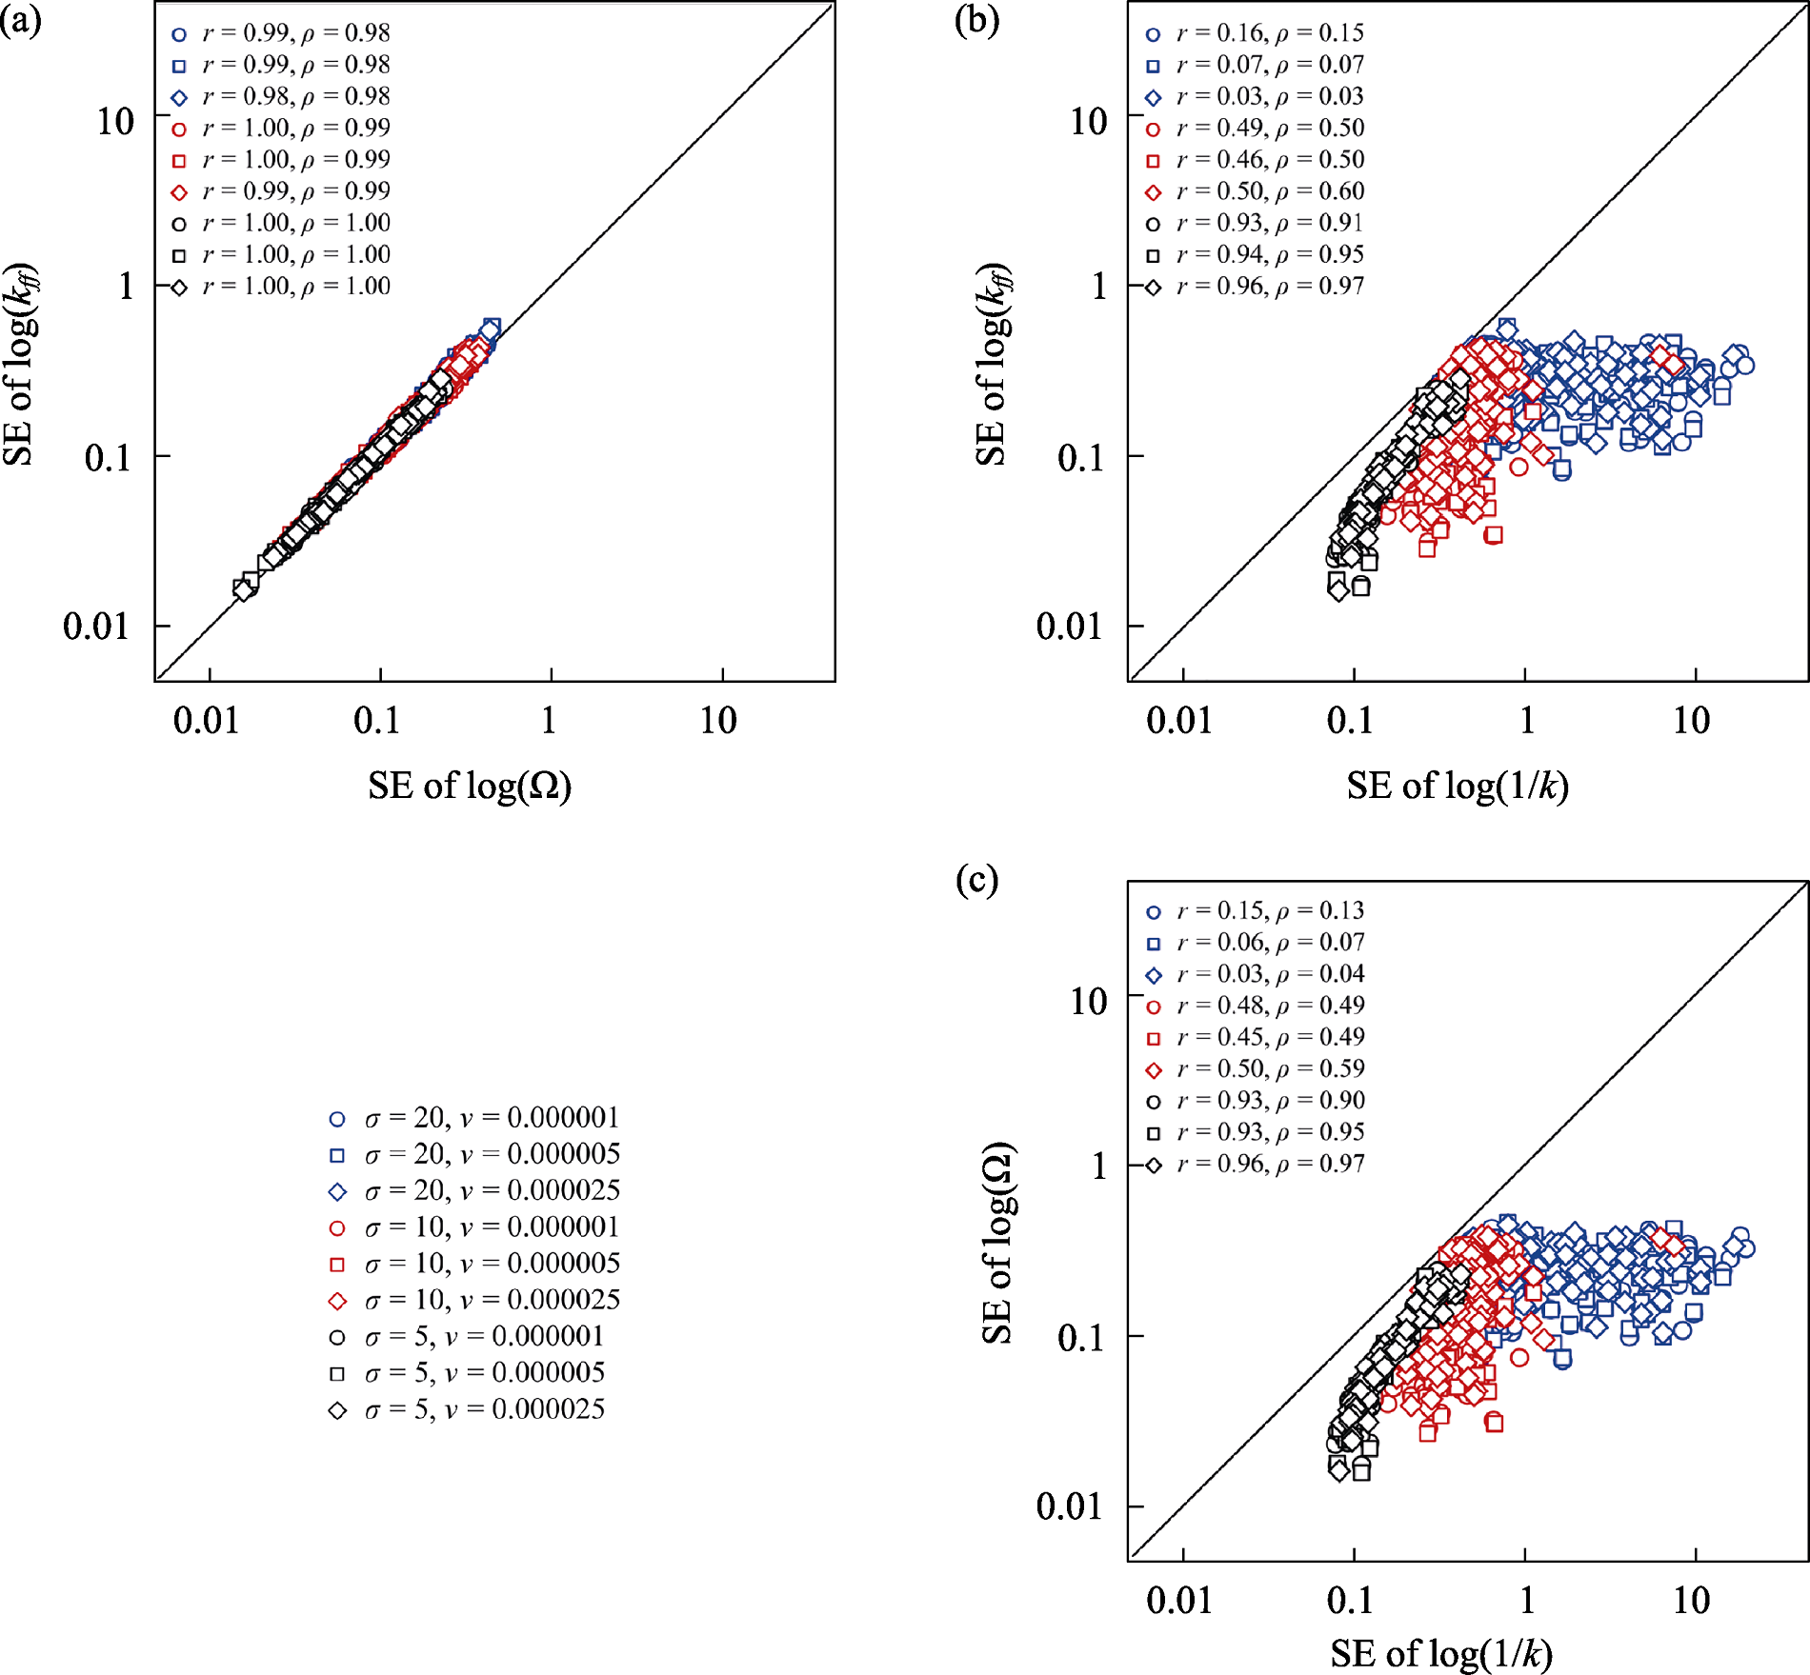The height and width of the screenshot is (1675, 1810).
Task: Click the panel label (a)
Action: pos(21,21)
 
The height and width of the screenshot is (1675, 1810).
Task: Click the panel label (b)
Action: pos(976,21)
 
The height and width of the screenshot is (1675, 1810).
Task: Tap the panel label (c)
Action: pos(976,880)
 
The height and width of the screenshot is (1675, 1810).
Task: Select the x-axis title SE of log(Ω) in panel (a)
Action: pos(470,786)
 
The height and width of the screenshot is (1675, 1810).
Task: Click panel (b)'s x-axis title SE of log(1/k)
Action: pos(1458,786)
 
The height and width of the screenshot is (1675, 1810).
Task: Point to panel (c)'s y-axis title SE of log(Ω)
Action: pos(998,1243)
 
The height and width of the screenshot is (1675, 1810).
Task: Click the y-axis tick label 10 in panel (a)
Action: pos(115,122)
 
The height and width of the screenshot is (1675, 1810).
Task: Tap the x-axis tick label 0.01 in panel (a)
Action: pos(206,721)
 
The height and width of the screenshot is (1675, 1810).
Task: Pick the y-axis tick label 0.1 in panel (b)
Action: pos(1080,458)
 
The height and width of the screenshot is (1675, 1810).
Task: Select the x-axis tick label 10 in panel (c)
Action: pos(1692,1601)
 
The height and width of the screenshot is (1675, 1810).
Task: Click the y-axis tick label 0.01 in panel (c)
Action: pos(1069,1506)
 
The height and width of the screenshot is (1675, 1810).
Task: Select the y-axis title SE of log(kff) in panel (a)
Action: pos(19,364)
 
